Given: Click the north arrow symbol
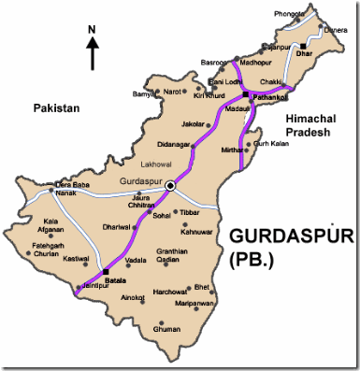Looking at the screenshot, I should pos(92,50).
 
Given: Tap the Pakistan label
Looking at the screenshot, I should pos(56,108).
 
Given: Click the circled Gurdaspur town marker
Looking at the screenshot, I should pos(170,187).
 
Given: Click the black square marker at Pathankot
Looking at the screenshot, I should pos(246,95).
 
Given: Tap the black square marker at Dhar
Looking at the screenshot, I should pos(304,44).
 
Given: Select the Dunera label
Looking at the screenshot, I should pos(335,29).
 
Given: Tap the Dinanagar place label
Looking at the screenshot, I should pos(173,145).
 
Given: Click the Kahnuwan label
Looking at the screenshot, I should pos(197,232).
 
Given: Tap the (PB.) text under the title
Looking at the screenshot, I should pos(251,264).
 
